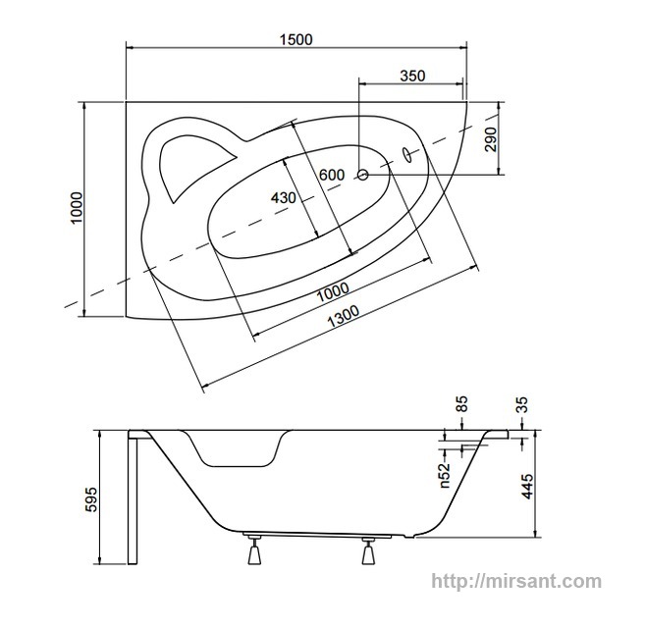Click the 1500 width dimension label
click(296, 39)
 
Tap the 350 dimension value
click(412, 76)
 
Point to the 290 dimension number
click(491, 139)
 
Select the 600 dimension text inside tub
click(332, 176)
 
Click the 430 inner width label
click(284, 198)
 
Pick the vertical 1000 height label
click(77, 208)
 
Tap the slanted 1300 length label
click(343, 316)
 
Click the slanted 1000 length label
click(333, 291)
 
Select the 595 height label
click(90, 499)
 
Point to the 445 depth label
click(527, 487)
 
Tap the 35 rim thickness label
click(521, 404)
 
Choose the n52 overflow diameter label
click(445, 476)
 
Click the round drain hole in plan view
click(362, 175)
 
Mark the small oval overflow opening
click(406, 154)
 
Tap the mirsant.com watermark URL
click(516, 582)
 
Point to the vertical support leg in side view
click(133, 497)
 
